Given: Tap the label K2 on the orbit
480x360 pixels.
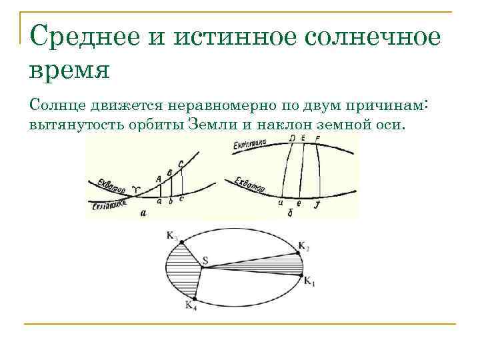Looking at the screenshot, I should click(x=304, y=247).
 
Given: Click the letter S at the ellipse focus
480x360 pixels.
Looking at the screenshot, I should click(x=205, y=260).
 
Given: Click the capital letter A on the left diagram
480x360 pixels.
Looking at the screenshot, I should click(x=158, y=178).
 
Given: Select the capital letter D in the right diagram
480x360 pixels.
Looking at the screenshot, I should click(x=292, y=138).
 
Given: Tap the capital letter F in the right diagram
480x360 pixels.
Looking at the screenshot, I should click(x=317, y=138).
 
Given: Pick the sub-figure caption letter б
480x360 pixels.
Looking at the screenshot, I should click(x=291, y=212).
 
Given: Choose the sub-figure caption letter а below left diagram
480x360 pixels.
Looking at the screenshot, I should click(x=143, y=213).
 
